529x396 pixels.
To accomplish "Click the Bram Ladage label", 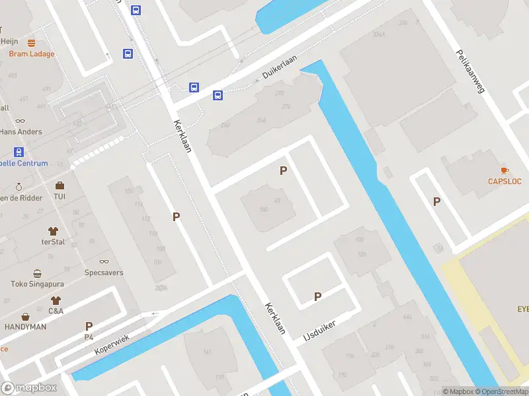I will [x=32, y=54].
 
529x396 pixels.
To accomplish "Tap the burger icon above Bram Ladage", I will [x=31, y=43].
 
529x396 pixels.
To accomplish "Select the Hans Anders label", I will [x=20, y=132].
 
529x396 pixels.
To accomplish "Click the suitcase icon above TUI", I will [x=60, y=185].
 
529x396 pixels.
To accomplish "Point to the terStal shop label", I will [x=54, y=242].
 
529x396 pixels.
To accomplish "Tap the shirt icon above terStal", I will [x=54, y=231].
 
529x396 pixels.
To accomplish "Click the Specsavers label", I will [x=104, y=273].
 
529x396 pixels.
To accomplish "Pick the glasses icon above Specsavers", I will [x=104, y=262].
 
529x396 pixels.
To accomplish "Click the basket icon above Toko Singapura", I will [x=37, y=274].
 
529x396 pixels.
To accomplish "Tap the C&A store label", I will [x=56, y=310].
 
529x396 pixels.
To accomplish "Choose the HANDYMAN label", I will [x=26, y=327].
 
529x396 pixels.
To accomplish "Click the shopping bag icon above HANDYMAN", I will [x=26, y=317].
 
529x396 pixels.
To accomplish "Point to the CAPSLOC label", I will [x=505, y=181].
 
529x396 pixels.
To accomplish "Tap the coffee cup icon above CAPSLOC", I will [x=505, y=170].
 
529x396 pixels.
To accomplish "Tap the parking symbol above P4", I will [x=89, y=326].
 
